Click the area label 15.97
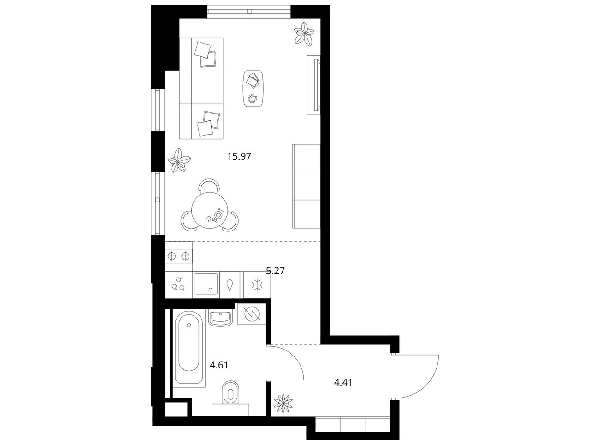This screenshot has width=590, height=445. pos(239,156)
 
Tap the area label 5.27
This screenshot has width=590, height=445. pos(275,271)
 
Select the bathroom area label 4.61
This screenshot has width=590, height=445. pos(219,365)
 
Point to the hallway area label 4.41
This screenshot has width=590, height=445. pos(343,382)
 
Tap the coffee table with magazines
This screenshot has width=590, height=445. pos(253,89)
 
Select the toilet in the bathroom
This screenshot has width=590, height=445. pos(230,393)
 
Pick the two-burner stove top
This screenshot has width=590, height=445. pos(178,256)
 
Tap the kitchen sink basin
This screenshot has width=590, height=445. pos(206,285)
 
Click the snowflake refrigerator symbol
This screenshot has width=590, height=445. pos(257,285)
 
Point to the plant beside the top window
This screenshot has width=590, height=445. pos(304,33)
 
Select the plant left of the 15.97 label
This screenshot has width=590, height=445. pos(179,160)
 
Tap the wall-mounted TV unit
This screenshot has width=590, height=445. pos(313,85)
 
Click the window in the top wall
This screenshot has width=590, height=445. pos(249,11)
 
